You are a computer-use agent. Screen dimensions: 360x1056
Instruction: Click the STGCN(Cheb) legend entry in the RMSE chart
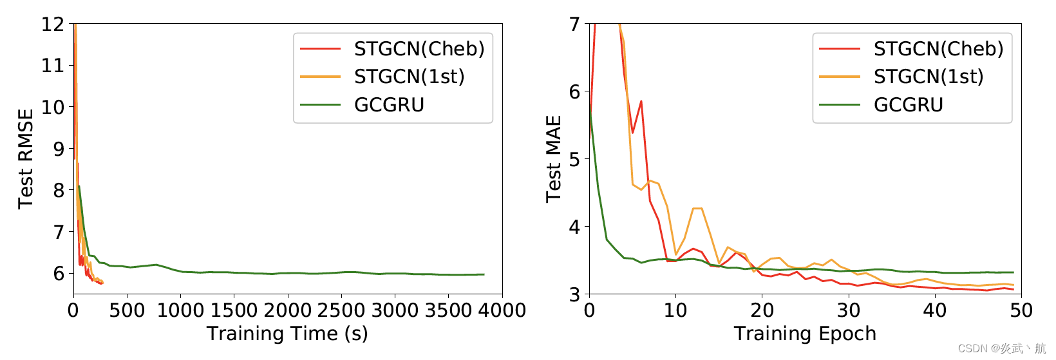pyautogui.click(x=419, y=49)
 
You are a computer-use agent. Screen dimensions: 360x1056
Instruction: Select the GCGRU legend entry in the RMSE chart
pyautogui.click(x=389, y=105)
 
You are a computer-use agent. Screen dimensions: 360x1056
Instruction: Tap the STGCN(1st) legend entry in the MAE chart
pyautogui.click(x=929, y=77)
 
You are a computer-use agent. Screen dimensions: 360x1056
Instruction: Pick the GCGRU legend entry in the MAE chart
pyautogui.click(x=908, y=105)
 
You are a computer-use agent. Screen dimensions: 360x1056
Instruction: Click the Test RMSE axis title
pyautogui.click(x=26, y=158)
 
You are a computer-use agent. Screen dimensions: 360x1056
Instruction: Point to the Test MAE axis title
pyautogui.click(x=554, y=158)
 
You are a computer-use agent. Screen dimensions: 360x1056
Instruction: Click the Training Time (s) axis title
pyautogui.click(x=287, y=334)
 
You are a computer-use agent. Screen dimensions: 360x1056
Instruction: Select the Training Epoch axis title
pyautogui.click(x=805, y=334)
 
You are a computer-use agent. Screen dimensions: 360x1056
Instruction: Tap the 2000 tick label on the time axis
pyautogui.click(x=288, y=311)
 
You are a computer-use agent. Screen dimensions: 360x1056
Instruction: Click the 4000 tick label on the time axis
pyautogui.click(x=502, y=311)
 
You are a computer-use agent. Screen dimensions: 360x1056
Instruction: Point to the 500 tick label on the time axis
pyautogui.click(x=127, y=311)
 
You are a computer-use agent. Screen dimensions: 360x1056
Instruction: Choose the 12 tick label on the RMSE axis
pyautogui.click(x=53, y=24)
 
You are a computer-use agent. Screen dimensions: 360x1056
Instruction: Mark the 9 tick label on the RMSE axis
pyautogui.click(x=59, y=149)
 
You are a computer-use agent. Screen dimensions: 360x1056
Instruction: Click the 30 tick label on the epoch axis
pyautogui.click(x=849, y=311)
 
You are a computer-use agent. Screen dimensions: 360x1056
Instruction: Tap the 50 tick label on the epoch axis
pyautogui.click(x=1021, y=311)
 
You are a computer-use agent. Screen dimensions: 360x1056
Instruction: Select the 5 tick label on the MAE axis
pyautogui.click(x=574, y=159)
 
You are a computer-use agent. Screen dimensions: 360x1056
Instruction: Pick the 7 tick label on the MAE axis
pyautogui.click(x=574, y=24)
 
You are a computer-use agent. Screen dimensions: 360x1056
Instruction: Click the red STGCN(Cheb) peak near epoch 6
pyautogui.click(x=641, y=101)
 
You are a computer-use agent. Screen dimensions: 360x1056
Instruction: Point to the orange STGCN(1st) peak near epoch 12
pyautogui.click(x=697, y=208)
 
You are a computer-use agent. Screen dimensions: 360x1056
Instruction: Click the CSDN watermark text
pyautogui.click(x=1002, y=348)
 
